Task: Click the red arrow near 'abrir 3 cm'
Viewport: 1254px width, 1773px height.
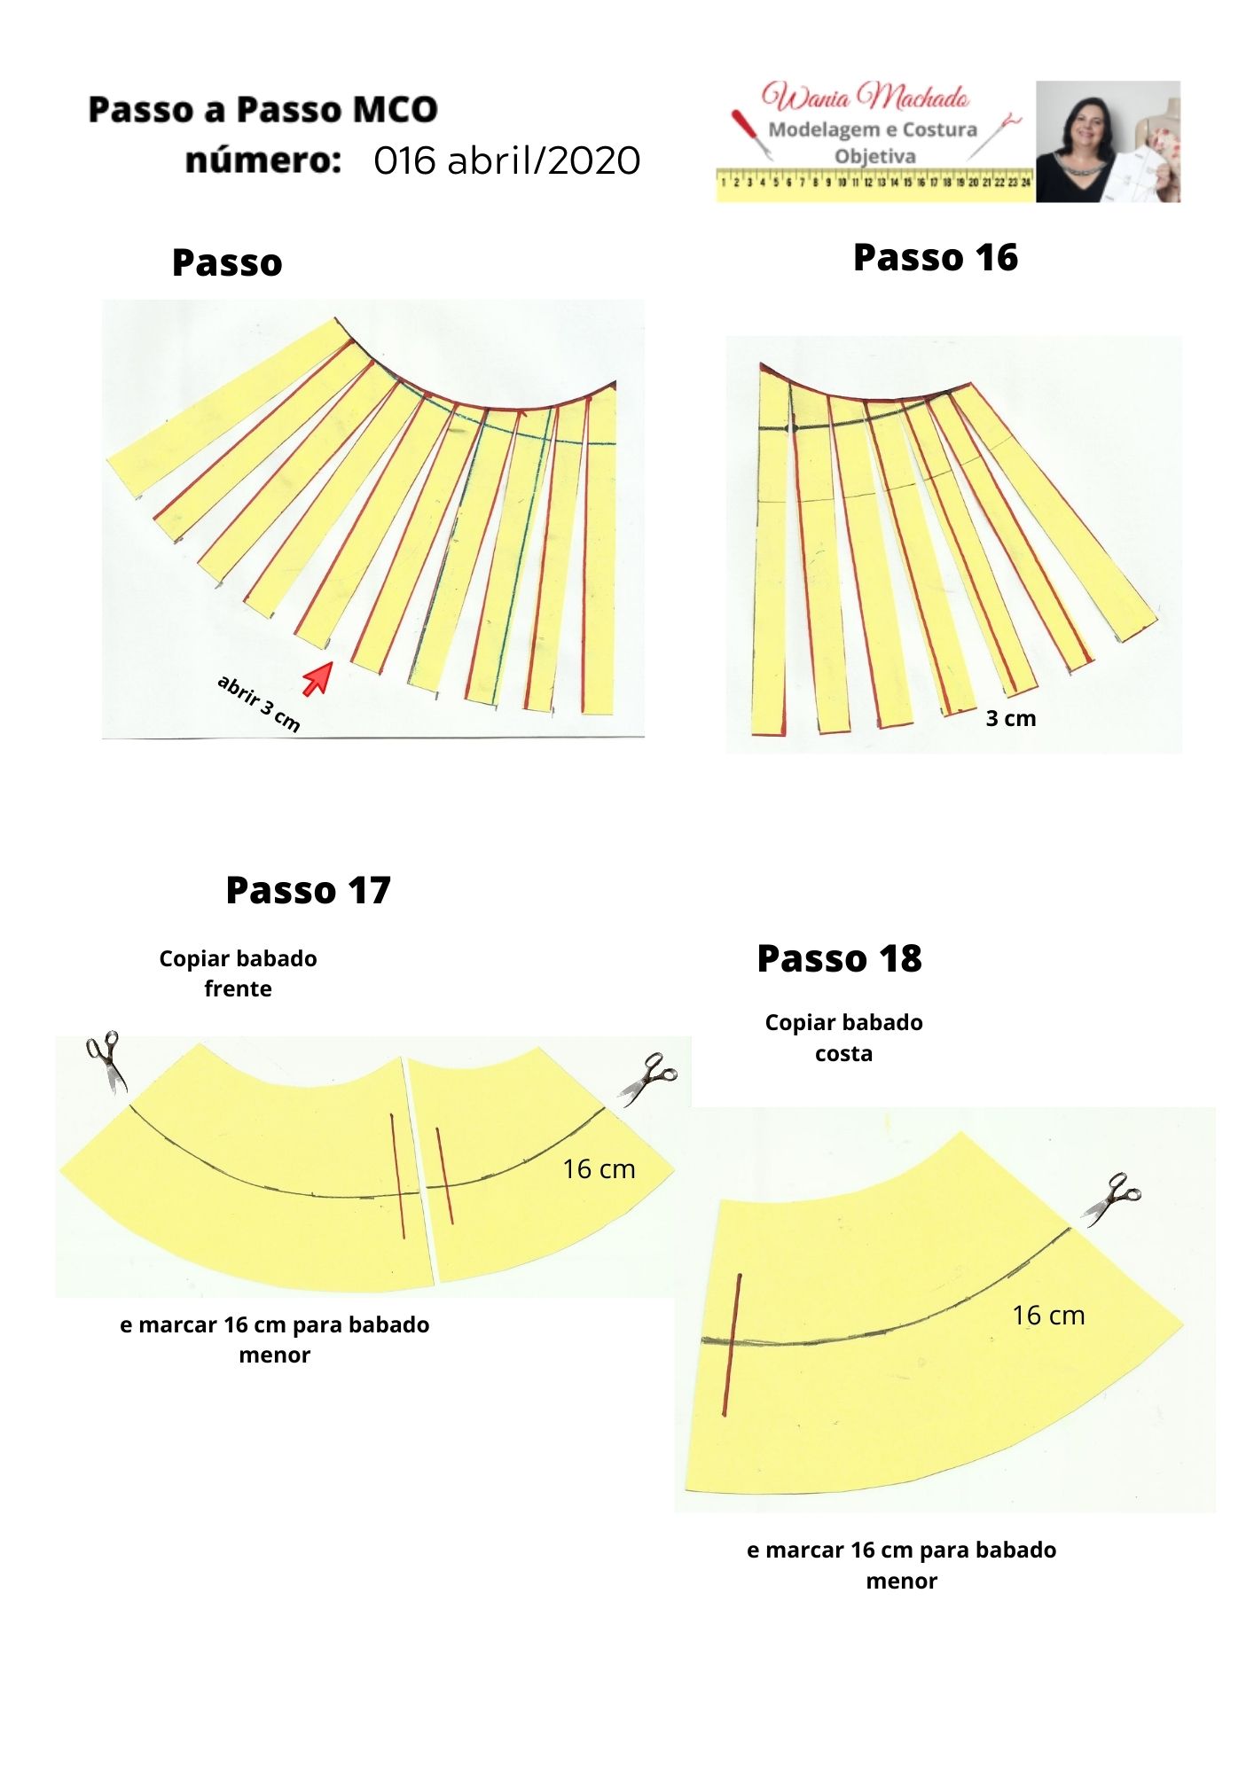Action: coord(317,678)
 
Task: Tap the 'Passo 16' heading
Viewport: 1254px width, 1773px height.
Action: coord(936,257)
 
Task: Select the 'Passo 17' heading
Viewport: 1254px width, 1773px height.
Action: coord(308,890)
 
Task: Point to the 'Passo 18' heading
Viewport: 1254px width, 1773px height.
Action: coord(839,958)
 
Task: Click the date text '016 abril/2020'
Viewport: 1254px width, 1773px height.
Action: coord(507,160)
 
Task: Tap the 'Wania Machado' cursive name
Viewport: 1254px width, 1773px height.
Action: coord(865,96)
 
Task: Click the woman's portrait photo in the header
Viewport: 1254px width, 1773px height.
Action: coord(1108,142)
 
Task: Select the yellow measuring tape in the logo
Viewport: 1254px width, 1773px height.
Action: coord(875,184)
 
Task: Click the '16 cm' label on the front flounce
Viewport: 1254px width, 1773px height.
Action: coord(600,1169)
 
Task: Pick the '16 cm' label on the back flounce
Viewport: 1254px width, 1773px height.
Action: coord(1049,1316)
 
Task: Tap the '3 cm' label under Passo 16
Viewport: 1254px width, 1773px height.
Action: coord(1011,719)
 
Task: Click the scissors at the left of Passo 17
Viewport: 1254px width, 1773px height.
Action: coord(106,1061)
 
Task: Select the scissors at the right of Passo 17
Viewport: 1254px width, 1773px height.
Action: coord(648,1078)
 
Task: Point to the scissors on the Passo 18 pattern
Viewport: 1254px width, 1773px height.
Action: coord(1110,1199)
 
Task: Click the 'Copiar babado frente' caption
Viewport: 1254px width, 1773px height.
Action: coord(238,973)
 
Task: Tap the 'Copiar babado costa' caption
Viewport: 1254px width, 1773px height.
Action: coord(843,1038)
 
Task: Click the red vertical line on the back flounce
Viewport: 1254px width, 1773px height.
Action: coord(732,1345)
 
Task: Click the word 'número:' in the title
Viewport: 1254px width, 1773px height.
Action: coord(263,160)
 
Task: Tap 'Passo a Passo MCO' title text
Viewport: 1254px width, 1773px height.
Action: coord(263,110)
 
